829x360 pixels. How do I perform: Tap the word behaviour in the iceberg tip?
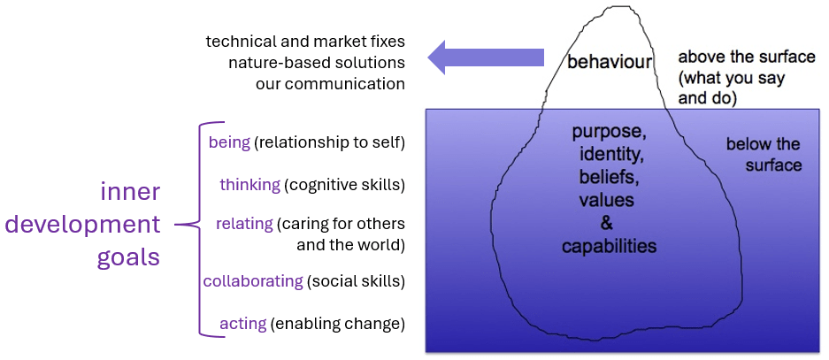(610, 63)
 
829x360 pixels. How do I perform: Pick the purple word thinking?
(249, 185)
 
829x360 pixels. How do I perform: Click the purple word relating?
(243, 224)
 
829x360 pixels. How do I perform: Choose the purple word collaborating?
(253, 281)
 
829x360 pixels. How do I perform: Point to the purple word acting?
(242, 324)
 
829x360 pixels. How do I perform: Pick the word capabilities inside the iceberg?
(609, 246)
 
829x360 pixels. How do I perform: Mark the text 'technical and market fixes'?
(305, 42)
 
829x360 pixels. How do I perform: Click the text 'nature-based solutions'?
(317, 63)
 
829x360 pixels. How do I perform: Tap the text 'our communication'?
(330, 84)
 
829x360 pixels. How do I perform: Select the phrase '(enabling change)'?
(338, 324)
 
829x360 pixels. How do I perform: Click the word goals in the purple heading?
(128, 257)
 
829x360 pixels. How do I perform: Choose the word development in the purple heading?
(83, 224)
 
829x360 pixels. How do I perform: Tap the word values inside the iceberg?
(606, 201)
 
